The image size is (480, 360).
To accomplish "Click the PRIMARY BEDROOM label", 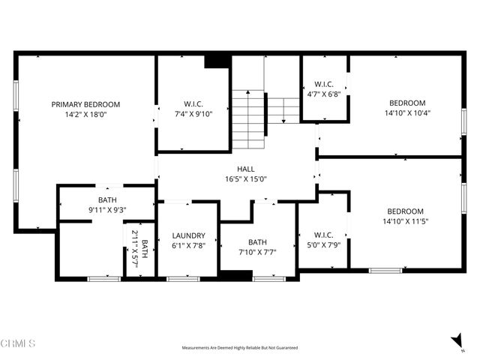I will coord(85,104).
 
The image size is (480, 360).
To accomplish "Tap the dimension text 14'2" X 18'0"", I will coord(85,115).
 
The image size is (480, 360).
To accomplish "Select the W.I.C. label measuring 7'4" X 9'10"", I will coord(193,104).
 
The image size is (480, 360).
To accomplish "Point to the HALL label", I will coord(246,169).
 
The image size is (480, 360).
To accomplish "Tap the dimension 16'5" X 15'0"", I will coord(246,179).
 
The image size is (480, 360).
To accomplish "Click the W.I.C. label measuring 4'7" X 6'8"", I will coord(324,84).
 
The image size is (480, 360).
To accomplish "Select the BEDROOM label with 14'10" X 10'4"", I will coord(407,103).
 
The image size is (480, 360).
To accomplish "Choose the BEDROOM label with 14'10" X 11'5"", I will coord(406,211).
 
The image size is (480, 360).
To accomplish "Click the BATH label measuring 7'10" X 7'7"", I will coord(258,241).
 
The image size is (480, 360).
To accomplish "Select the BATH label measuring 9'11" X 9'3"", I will coord(106,199).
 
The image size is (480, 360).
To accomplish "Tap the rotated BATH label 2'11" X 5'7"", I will coord(140,249).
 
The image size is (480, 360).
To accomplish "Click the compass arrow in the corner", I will coord(457,341).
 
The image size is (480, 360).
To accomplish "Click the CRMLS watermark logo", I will coord(18,344).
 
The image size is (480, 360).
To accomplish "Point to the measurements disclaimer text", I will coord(240,348).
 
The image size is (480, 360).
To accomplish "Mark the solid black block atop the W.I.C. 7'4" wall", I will coord(217,61).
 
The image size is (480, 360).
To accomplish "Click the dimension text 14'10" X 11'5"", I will coord(406,222).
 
